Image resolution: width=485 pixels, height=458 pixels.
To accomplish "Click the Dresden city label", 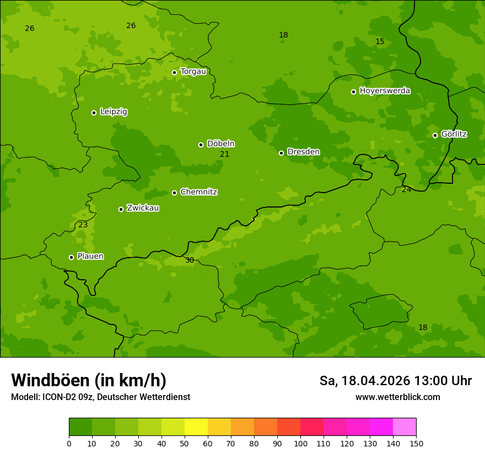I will (303, 152).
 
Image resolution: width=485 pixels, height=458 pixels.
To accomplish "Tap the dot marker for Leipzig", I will (94, 113).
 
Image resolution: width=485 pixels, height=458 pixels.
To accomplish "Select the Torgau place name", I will (193, 72).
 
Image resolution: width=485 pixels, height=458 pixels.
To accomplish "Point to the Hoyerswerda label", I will (385, 91).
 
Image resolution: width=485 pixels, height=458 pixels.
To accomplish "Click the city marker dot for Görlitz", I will (435, 135).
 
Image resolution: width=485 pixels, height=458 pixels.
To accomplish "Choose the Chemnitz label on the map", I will (198, 192).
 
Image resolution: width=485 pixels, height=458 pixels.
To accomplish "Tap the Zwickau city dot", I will (121, 209).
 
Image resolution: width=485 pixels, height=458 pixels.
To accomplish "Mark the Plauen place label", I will (90, 257).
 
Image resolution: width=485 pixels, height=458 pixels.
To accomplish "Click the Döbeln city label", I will (220, 144).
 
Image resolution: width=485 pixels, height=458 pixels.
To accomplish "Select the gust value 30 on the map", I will (190, 260).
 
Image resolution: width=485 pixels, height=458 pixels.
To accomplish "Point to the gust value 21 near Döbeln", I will (225, 155).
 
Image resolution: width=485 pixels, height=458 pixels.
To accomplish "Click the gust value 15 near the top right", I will (380, 42).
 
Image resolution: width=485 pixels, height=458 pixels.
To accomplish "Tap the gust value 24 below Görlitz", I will (407, 190).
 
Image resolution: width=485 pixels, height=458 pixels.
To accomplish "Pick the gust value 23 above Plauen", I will (83, 225).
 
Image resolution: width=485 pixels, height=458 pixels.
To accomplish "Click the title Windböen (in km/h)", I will (89, 380).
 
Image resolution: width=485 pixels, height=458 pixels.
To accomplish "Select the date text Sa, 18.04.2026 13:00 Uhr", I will (395, 381).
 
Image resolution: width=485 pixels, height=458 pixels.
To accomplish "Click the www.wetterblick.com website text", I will (397, 397).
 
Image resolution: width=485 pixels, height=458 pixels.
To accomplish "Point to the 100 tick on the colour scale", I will (300, 443).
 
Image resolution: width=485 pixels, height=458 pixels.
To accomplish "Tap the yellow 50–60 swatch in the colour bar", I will (196, 427).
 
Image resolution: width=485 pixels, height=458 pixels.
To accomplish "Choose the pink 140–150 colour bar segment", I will (405, 427).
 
